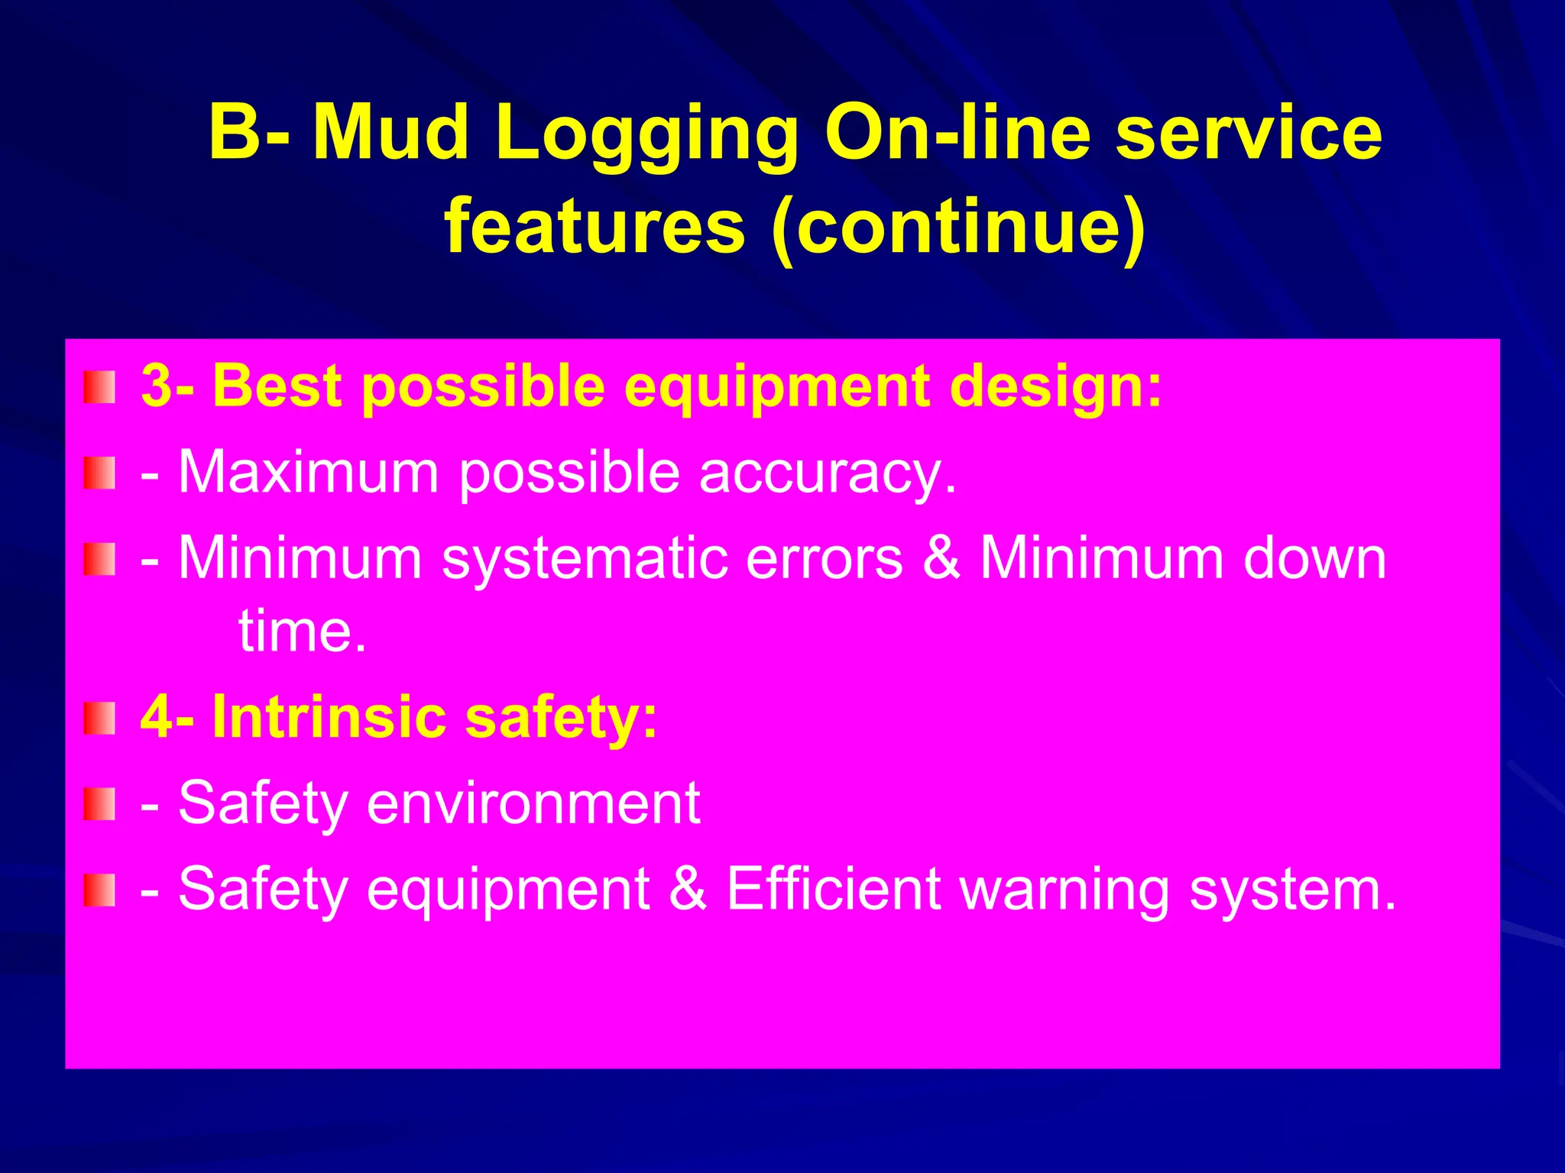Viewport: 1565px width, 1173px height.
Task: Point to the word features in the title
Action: click(595, 227)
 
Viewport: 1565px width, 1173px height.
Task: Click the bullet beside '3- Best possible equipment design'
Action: click(99, 387)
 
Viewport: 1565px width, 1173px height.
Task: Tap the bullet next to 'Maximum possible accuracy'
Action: click(99, 473)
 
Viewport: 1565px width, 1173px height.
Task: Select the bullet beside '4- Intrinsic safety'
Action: click(99, 719)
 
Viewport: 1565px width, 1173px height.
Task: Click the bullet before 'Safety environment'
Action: click(99, 804)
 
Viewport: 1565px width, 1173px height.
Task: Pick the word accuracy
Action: click(828, 473)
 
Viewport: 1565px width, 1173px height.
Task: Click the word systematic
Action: click(584, 558)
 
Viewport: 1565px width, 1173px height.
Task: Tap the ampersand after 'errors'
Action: click(941, 558)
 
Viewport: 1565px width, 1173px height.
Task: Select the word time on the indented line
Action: click(302, 632)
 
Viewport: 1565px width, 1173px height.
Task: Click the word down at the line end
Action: click(1314, 558)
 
